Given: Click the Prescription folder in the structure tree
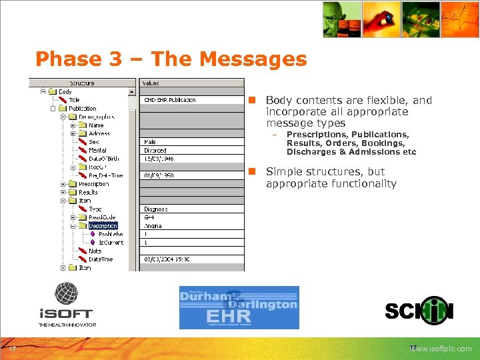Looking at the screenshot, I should (x=93, y=184).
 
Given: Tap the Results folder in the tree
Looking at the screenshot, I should (x=88, y=192).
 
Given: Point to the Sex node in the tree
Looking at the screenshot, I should (x=93, y=142).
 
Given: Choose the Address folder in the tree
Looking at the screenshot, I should (x=99, y=133).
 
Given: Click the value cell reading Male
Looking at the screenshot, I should (x=150, y=142).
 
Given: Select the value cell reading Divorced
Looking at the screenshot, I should (x=155, y=151).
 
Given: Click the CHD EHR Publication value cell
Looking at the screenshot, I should (x=170, y=100).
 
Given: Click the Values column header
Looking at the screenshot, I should (x=151, y=83).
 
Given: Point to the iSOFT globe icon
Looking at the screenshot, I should (x=66, y=293).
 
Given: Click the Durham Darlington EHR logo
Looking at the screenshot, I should (x=239, y=307).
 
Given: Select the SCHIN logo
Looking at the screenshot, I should (x=419, y=311).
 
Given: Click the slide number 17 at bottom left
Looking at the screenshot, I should (x=12, y=349).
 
